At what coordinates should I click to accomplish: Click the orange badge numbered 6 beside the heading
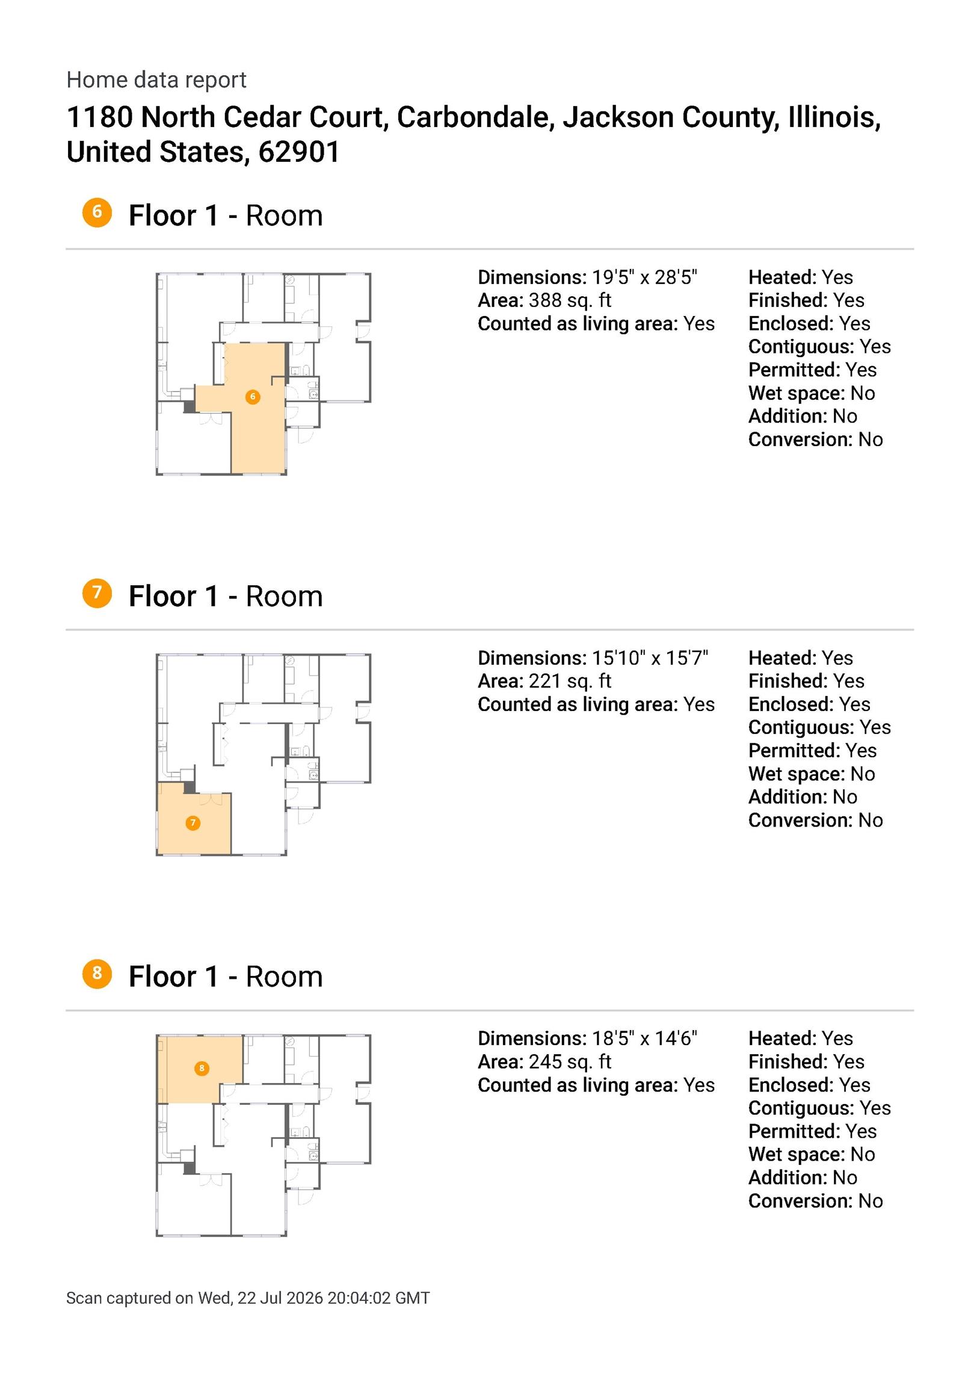pos(97,213)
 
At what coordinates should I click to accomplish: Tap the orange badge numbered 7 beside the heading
pos(97,593)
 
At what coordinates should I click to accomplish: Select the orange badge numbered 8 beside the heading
pos(97,974)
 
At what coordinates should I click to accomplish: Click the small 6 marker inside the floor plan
pos(253,397)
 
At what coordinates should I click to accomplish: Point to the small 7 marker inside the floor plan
pos(193,823)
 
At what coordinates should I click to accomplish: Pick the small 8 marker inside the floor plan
pos(202,1068)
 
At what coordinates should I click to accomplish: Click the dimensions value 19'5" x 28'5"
pos(644,278)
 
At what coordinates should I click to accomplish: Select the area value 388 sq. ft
pos(570,300)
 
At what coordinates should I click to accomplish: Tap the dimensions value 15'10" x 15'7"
pos(650,658)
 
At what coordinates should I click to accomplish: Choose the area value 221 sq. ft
pos(570,681)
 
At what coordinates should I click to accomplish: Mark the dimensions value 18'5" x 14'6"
pos(644,1038)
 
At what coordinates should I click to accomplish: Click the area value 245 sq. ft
pos(570,1061)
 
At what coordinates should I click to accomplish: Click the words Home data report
pos(156,79)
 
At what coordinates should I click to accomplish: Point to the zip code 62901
pos(299,152)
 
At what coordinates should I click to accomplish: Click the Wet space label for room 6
pos(797,393)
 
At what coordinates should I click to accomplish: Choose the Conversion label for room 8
pos(801,1201)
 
